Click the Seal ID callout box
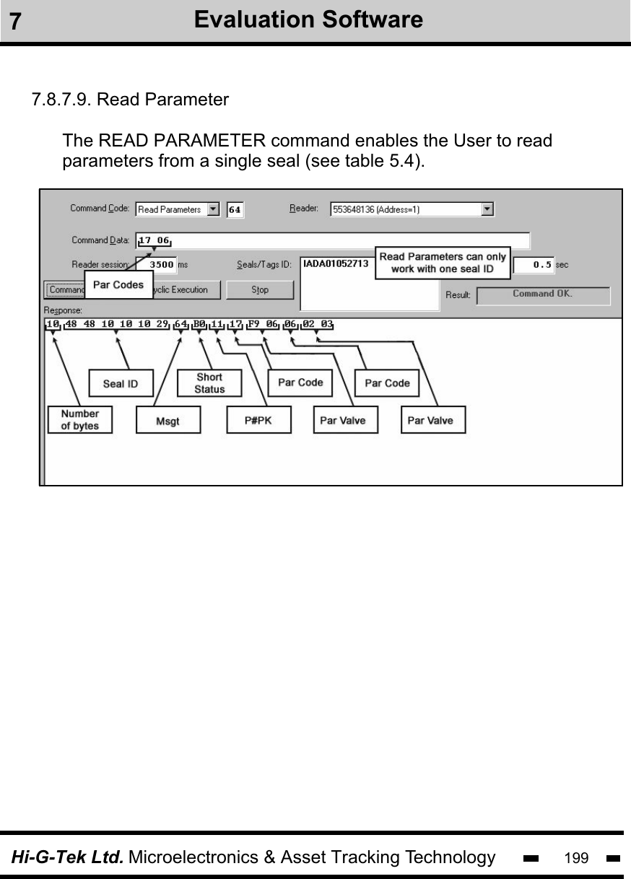pos(121,383)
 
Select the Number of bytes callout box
pos(80,419)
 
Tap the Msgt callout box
pos(167,421)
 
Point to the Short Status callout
pos(209,382)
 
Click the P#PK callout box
pos(258,421)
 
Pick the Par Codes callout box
pos(118,284)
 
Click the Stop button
pos(260,289)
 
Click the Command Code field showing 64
pos(235,210)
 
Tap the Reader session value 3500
pos(160,265)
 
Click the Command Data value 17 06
pos(154,240)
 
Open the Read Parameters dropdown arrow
pos(213,209)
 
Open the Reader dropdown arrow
pos(487,209)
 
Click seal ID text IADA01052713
pos(335,264)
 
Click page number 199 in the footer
pos(575,858)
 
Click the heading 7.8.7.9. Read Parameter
pos(130,100)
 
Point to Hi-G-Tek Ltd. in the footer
pos(66,857)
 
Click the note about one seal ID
pos(443,263)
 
